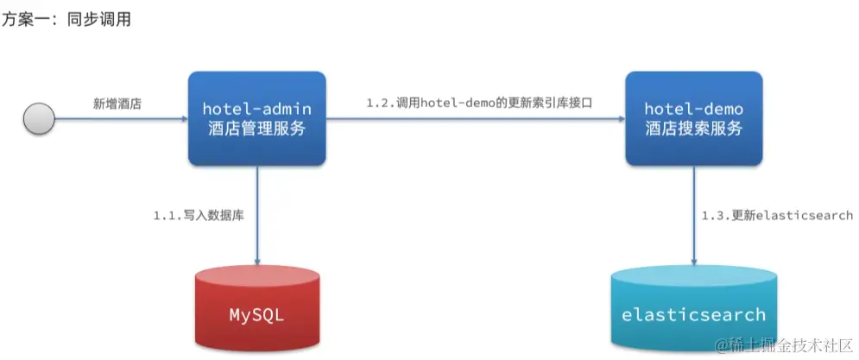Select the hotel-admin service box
(257, 118)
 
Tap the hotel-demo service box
(694, 118)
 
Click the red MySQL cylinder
(257, 311)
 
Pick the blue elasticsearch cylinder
(694, 311)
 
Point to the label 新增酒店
(117, 103)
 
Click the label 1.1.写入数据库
(199, 215)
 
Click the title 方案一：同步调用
(66, 18)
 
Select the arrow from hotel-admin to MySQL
(257, 216)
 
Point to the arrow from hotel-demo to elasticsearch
(694, 216)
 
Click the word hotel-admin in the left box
(257, 109)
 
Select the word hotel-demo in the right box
(694, 109)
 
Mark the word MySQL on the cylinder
(257, 314)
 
